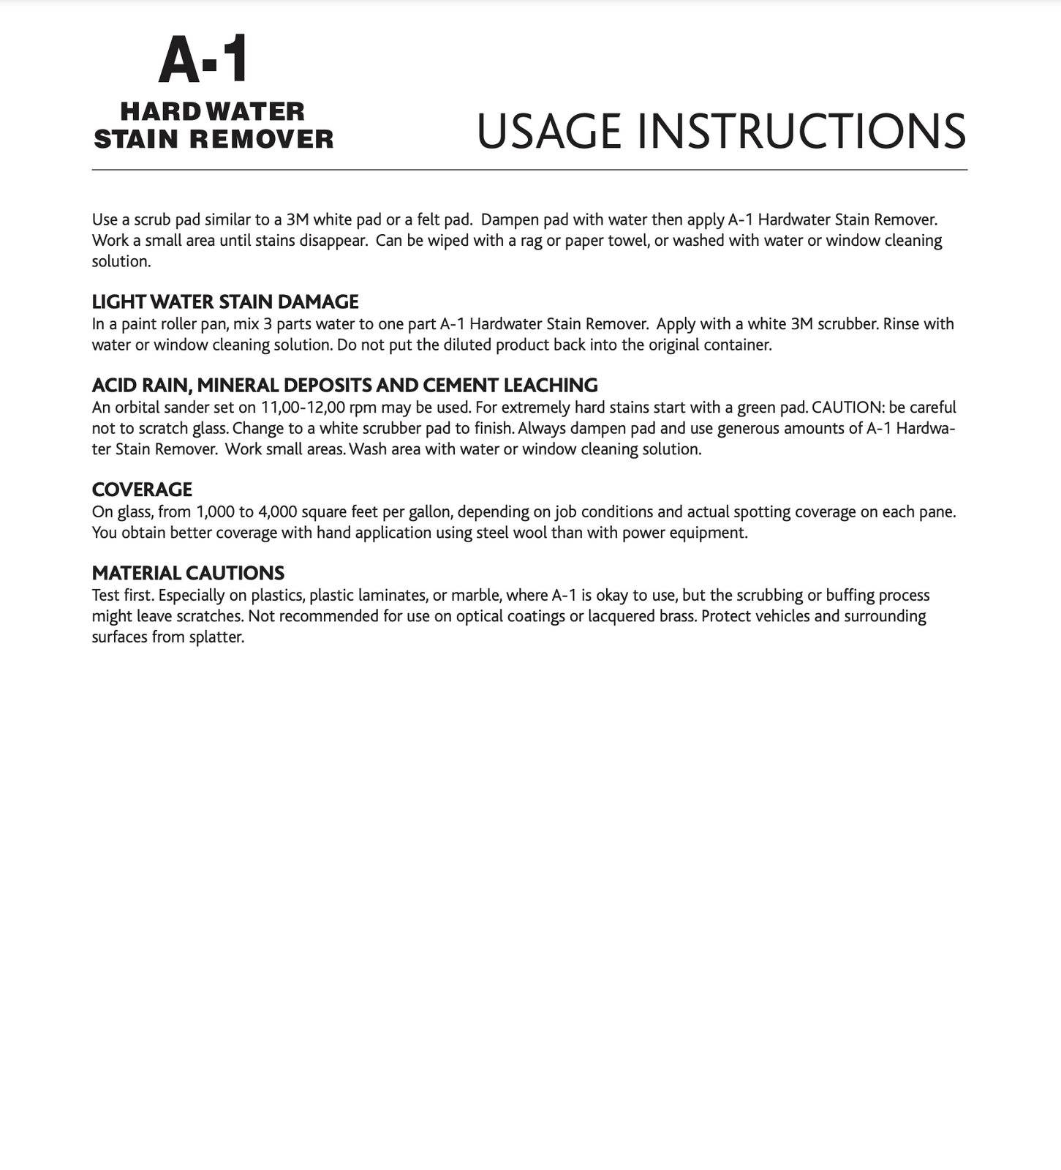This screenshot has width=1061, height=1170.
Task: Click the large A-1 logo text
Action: point(204,60)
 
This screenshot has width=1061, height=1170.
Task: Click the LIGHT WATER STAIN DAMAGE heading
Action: point(225,301)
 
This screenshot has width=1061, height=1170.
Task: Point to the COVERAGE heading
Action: point(142,490)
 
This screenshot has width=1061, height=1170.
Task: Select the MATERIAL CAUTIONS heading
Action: point(188,573)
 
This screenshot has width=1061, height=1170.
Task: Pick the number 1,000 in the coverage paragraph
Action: point(211,512)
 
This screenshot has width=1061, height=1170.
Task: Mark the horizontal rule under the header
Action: point(529,170)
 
